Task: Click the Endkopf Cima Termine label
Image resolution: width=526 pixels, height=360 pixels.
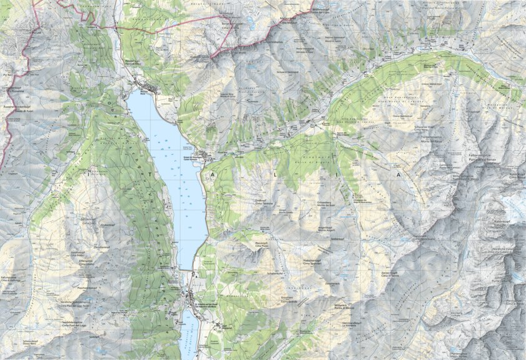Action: pos(264,202)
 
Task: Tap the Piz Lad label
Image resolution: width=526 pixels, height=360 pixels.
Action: pos(21,30)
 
